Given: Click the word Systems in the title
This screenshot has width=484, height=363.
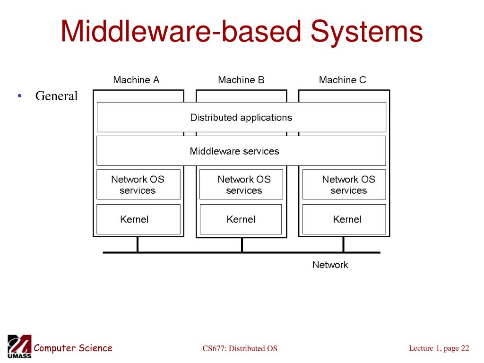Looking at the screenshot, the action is pos(366,31).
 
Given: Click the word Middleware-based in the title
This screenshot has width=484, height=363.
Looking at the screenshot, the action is pos(181,31).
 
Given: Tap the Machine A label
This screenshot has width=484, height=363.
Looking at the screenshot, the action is pos(136,80).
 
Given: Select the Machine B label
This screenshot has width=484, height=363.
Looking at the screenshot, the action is pos(241,80).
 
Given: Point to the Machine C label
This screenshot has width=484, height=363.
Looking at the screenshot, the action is pos(342,80).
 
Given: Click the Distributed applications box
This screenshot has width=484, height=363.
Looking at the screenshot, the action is pos(242,117).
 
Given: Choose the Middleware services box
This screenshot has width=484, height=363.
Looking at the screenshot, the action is pos(241,151).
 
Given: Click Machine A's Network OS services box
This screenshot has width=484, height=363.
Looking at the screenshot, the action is pos(138,184).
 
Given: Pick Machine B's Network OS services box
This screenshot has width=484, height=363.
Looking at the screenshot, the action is pos(241,184).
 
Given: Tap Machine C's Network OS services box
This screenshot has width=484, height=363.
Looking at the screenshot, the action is pos(344,184).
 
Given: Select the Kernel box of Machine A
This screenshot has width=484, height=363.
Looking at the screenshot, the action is pos(138,219).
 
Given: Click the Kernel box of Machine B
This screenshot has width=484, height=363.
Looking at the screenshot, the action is pos(241,219).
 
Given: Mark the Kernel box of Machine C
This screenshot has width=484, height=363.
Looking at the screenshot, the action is pos(344,219).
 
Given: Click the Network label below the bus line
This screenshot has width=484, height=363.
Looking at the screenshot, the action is pos(330,265).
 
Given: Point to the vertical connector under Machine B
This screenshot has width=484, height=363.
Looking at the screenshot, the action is pos(242,245).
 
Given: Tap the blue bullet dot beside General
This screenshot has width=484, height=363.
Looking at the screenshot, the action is pos(20,96).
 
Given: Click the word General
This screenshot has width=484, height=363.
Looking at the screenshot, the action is pos(56,96).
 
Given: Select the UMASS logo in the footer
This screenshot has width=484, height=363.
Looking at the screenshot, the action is pos(19,346).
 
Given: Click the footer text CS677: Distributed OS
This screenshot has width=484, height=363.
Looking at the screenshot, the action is pos(240,348).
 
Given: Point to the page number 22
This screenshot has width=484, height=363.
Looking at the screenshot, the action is pos(465,348).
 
